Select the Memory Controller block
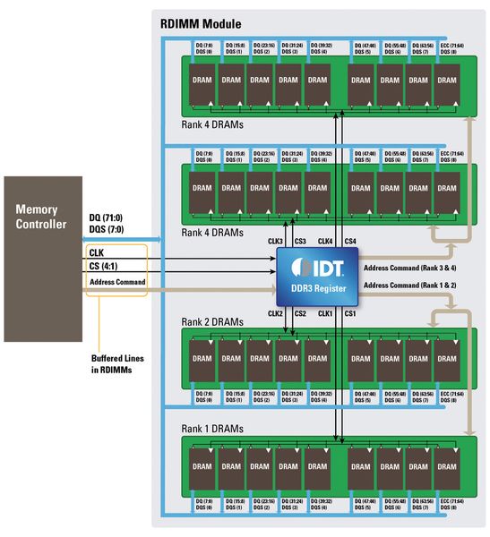(42, 260)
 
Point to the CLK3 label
(277, 242)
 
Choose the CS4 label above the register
(349, 242)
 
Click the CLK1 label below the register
(326, 313)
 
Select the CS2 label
(300, 313)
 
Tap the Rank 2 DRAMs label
(213, 321)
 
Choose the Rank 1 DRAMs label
(213, 429)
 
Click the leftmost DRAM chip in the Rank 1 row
(202, 466)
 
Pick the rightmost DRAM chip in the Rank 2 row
(446, 359)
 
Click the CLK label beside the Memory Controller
(98, 254)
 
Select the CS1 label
(350, 313)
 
